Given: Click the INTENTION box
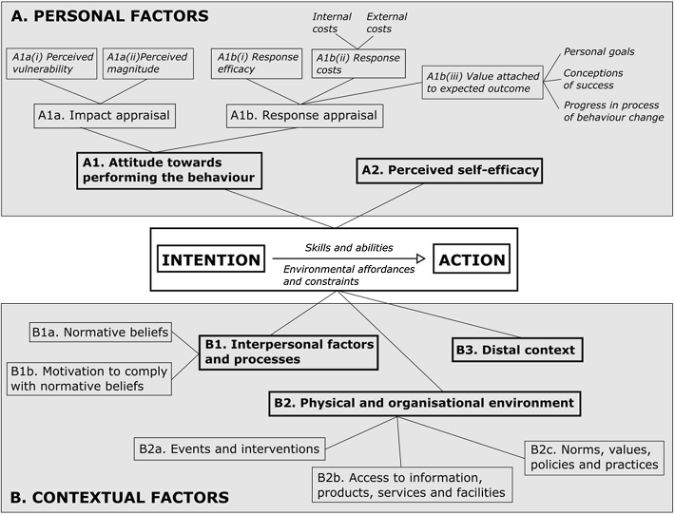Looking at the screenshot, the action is click(x=211, y=258).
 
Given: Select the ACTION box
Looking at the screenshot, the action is click(x=472, y=258).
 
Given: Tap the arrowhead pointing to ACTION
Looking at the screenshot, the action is click(x=420, y=258).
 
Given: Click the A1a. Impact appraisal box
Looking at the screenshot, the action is click(x=105, y=116).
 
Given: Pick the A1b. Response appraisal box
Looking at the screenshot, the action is click(x=305, y=116).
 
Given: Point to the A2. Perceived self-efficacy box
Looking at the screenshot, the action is click(x=450, y=171).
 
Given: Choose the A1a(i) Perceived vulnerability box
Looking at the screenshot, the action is click(x=51, y=64).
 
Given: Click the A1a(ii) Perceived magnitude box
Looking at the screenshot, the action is click(x=148, y=64).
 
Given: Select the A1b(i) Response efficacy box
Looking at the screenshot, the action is click(x=257, y=64).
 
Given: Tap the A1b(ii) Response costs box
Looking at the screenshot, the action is click(x=358, y=64).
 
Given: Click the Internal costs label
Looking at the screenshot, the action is click(x=332, y=23).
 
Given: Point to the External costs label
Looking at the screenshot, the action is click(x=387, y=23).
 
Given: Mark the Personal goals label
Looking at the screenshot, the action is click(x=599, y=51).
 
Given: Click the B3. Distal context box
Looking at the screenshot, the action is click(x=517, y=350).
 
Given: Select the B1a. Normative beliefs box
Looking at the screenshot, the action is click(x=101, y=333).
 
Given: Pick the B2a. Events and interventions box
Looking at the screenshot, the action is click(x=229, y=449).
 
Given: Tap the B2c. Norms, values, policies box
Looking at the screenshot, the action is click(x=594, y=458).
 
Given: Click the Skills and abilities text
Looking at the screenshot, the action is click(x=349, y=248).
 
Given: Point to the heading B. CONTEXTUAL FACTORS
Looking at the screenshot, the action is click(x=120, y=497).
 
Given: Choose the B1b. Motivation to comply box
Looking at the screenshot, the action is click(x=89, y=378).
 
